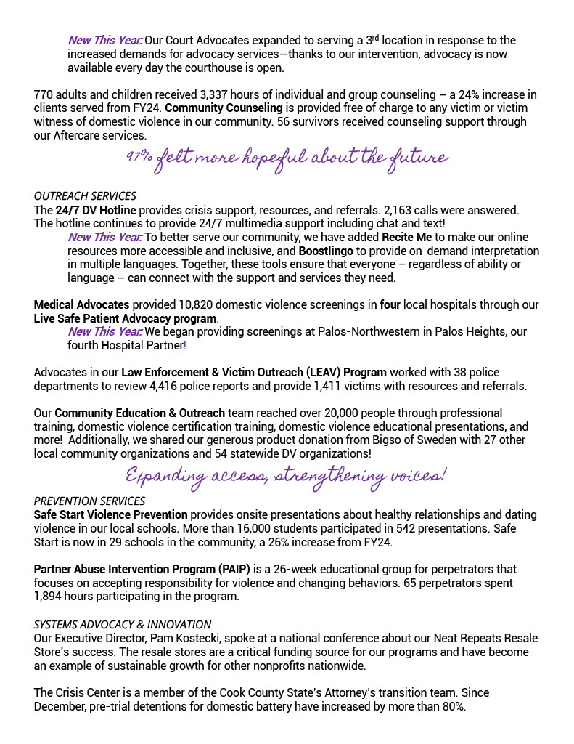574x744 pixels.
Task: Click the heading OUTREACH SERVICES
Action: tap(85, 196)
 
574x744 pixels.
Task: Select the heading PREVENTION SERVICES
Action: tap(89, 501)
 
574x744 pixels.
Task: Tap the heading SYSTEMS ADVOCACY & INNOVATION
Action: tap(123, 625)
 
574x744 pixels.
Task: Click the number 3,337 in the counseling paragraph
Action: tap(213, 94)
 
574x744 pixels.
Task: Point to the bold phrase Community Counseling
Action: tap(224, 108)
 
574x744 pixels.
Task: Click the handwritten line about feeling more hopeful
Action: tap(287, 158)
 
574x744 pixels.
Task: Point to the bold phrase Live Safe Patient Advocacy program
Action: tap(125, 319)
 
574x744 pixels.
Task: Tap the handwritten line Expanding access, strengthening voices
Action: tap(287, 476)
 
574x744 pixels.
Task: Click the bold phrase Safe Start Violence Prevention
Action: tap(110, 515)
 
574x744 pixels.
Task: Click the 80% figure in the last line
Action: tap(451, 707)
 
